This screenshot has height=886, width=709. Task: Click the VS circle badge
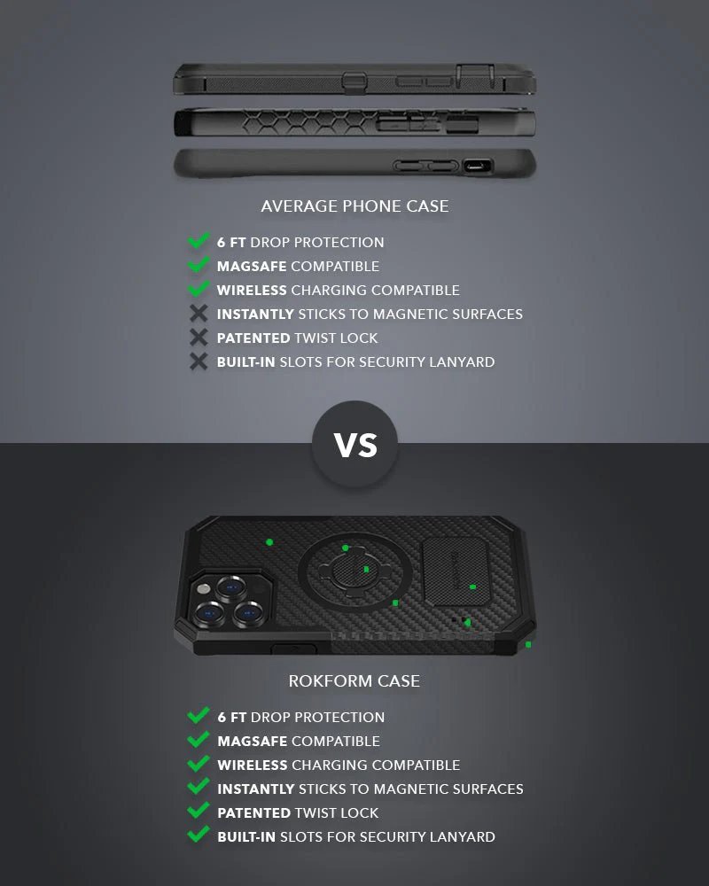[x=354, y=443]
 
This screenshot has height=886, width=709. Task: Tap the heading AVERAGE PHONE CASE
[x=354, y=206]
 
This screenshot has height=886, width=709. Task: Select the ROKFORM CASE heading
[x=354, y=681]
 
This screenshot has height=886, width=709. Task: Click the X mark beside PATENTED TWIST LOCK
[x=199, y=338]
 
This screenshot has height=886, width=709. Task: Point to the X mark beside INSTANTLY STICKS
[x=199, y=314]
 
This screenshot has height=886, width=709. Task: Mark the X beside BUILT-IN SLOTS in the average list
[x=199, y=361]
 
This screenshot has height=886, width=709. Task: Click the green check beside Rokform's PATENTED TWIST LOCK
[x=199, y=812]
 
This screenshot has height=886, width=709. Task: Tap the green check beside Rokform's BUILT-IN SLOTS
[x=199, y=835]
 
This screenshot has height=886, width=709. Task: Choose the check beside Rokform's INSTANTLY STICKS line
[x=199, y=788]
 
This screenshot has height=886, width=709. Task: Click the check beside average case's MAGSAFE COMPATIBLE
[x=199, y=265]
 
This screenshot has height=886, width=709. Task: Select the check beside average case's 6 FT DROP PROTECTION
[x=199, y=241]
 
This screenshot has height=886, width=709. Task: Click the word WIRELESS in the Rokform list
[x=253, y=765]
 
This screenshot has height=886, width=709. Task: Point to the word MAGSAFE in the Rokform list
[x=253, y=741]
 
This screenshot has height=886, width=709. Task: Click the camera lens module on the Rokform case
[x=229, y=600]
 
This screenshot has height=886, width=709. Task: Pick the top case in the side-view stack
[x=354, y=80]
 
